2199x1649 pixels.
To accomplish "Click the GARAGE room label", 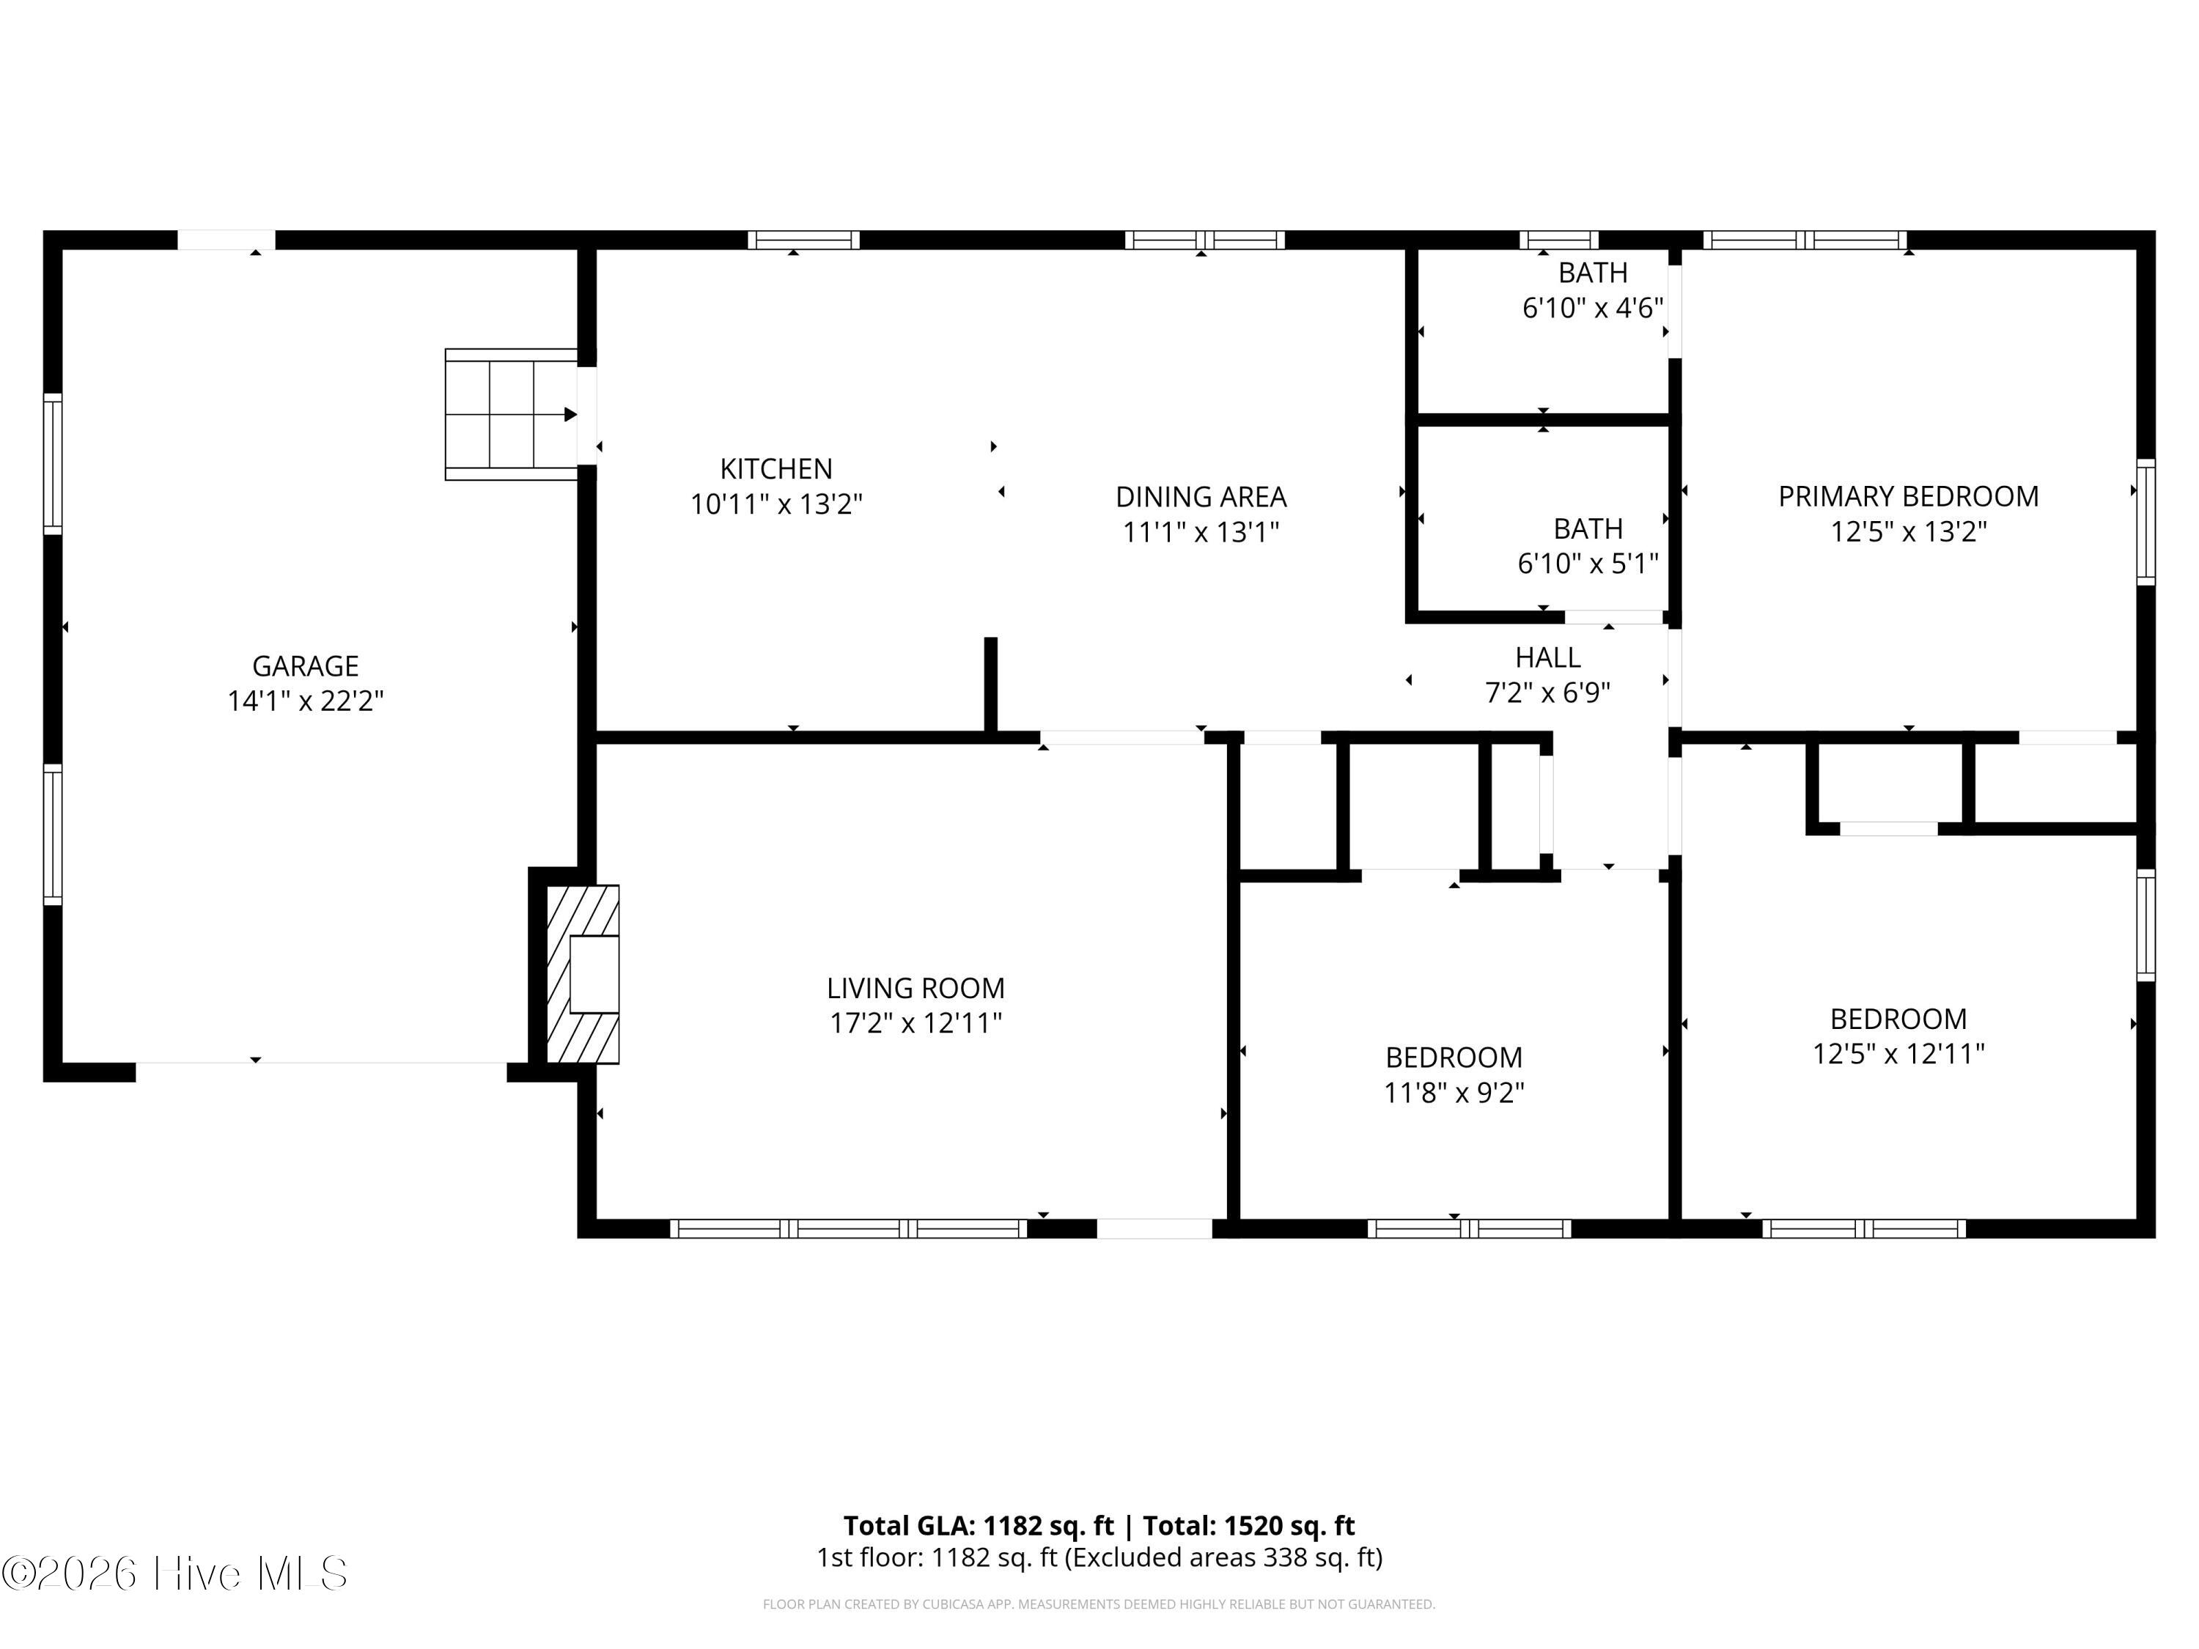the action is (305, 666).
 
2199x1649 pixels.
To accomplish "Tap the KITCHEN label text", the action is (776, 468).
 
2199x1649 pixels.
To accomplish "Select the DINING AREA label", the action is (1201, 496).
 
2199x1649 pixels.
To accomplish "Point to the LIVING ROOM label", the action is (916, 988).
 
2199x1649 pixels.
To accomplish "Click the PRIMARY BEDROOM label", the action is (1909, 496).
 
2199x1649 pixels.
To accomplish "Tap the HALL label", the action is (1548, 657).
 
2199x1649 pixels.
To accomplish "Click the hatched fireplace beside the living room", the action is (583, 974).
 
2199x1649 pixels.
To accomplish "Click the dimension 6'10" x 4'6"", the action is (1593, 308).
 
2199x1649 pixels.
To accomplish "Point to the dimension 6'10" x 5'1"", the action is (1588, 564).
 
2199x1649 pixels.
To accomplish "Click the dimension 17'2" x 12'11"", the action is (916, 1023).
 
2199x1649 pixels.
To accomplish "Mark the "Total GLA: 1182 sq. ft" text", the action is (979, 1524).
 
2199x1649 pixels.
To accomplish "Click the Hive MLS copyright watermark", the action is (175, 1573).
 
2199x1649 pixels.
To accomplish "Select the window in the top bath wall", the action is (1559, 240).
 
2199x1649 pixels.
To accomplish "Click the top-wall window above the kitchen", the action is (803, 240).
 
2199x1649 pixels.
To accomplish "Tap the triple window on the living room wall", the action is (848, 1228).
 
